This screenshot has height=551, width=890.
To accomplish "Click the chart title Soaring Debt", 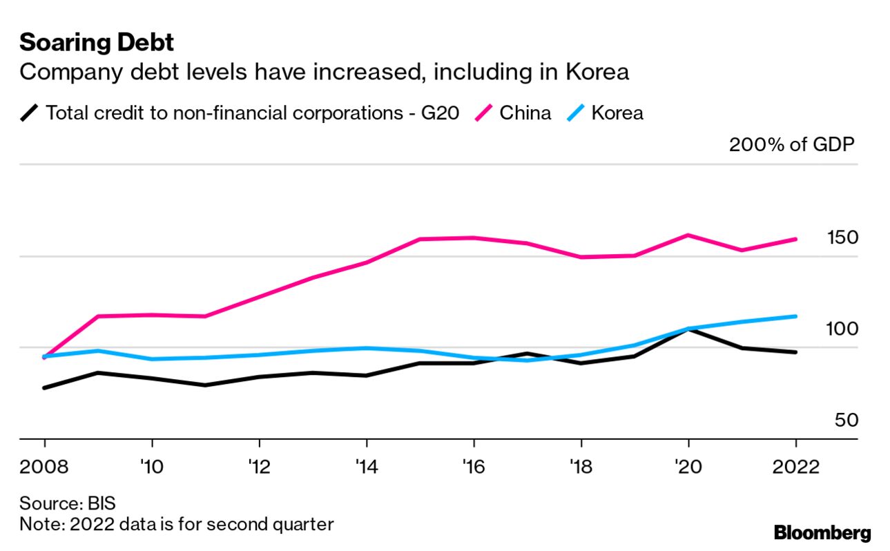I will [x=97, y=43].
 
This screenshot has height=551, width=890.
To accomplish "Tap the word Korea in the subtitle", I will [x=600, y=72].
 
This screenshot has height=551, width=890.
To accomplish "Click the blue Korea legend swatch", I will [x=577, y=113].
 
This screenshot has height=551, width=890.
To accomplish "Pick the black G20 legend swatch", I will [x=30, y=113].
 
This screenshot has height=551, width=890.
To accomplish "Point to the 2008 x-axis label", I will [x=45, y=467].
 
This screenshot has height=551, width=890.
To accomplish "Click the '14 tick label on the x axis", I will [x=366, y=467].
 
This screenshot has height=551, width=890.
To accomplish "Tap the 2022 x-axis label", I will [x=795, y=467].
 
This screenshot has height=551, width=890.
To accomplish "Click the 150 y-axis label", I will [x=842, y=238].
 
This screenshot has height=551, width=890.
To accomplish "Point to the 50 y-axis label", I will [x=846, y=420].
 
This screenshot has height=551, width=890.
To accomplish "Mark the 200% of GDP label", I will [x=792, y=145].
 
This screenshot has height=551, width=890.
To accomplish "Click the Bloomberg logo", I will [x=822, y=533].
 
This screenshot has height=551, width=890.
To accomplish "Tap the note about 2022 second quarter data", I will [x=176, y=524].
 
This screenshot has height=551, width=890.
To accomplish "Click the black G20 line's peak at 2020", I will [x=688, y=329].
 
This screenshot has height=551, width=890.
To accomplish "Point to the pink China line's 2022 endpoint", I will [x=795, y=240].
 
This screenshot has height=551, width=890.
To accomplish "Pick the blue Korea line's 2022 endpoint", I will [x=795, y=316].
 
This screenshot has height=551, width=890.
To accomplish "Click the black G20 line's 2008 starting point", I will [x=45, y=388].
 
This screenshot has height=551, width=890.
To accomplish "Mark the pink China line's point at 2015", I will [x=420, y=240].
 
